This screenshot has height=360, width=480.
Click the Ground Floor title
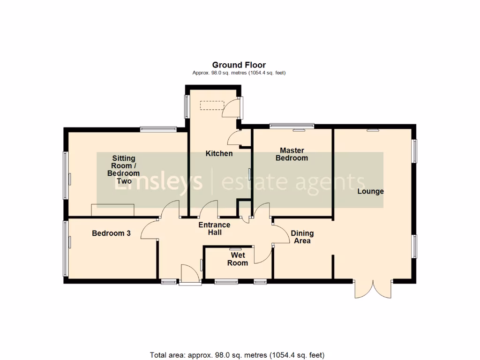(239, 65)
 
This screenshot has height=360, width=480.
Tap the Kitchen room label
(219, 154)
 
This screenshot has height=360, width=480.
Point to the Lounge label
(370, 191)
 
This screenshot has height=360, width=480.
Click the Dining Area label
(302, 237)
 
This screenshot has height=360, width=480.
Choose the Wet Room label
(238, 259)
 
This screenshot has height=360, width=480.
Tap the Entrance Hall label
(215, 229)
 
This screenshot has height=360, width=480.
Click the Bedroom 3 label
(111, 233)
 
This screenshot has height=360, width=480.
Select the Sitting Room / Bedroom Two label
(123, 169)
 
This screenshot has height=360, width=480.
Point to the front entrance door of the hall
(190, 275)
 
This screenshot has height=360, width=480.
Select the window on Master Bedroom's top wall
(292, 126)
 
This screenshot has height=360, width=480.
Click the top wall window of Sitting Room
(158, 129)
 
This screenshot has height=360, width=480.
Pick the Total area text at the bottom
(237, 355)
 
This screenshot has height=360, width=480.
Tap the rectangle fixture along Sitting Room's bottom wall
(113, 210)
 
